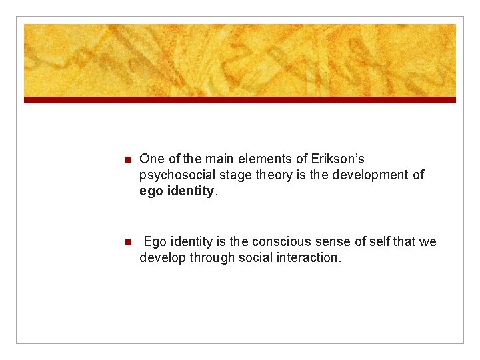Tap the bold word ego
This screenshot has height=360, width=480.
tap(151, 191)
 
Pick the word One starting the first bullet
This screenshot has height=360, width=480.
tap(151, 159)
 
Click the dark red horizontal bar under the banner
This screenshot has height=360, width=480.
tap(240, 100)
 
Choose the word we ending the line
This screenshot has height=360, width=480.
tap(427, 241)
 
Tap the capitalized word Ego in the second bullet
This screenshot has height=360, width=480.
tap(155, 241)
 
